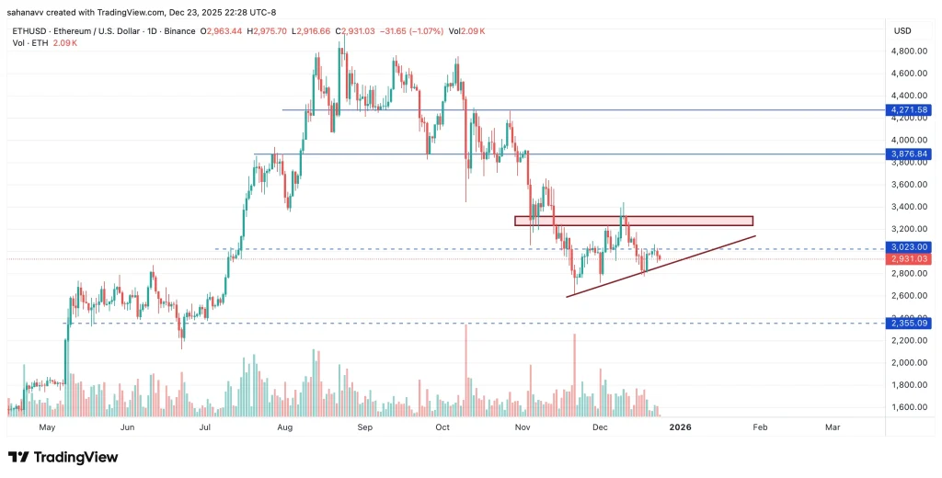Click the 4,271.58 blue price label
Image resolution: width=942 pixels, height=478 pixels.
coord(907,110)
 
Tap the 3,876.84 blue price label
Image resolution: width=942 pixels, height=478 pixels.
coord(907,154)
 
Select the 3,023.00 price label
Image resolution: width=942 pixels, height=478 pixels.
coord(907,246)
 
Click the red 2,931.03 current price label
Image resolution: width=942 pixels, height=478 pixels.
coord(907,259)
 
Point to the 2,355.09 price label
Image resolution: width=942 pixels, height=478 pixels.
coord(907,323)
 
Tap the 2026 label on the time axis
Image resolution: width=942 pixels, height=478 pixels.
coord(680,427)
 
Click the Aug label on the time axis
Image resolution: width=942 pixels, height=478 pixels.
coord(284,427)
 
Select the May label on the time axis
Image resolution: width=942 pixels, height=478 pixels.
coord(48,427)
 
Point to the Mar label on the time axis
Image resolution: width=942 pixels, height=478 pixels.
coord(833,427)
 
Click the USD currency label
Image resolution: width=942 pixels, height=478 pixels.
coord(902,30)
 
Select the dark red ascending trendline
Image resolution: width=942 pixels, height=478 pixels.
coord(662,267)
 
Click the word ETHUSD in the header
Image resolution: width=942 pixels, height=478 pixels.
coord(27,31)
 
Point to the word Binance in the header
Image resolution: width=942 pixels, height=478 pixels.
coord(178,31)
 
